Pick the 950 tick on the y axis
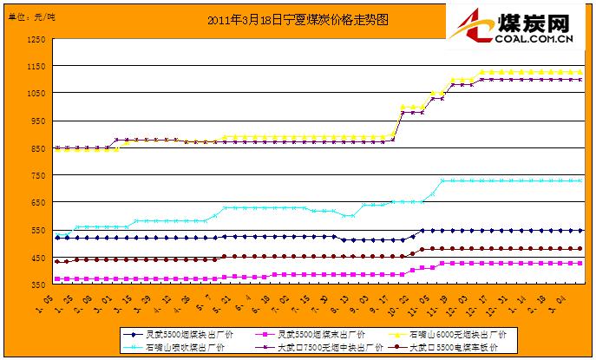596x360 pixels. tap(37, 121)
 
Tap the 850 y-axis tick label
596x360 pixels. tap(37, 148)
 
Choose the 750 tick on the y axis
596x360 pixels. tap(37, 176)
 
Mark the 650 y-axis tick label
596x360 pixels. tap(37, 203)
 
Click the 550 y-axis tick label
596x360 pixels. tap(37, 231)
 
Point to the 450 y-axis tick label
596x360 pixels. tap(37, 258)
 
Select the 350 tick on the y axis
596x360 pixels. tap(37, 285)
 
